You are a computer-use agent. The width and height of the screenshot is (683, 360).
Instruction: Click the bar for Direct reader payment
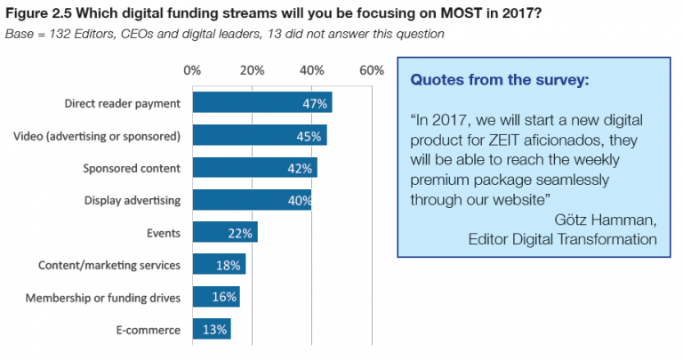261,102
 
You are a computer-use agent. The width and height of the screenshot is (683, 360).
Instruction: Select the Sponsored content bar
254,168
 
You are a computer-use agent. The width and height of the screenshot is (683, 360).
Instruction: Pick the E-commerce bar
211,330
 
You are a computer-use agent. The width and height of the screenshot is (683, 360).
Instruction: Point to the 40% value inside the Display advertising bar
299,201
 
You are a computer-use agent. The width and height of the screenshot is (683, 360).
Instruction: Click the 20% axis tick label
252,70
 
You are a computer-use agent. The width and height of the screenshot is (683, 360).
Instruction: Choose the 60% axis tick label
372,70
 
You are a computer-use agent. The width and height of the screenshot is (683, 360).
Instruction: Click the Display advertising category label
133,200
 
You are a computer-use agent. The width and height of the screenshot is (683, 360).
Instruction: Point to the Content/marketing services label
109,265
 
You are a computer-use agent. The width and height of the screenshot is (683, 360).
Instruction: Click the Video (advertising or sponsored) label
98,135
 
